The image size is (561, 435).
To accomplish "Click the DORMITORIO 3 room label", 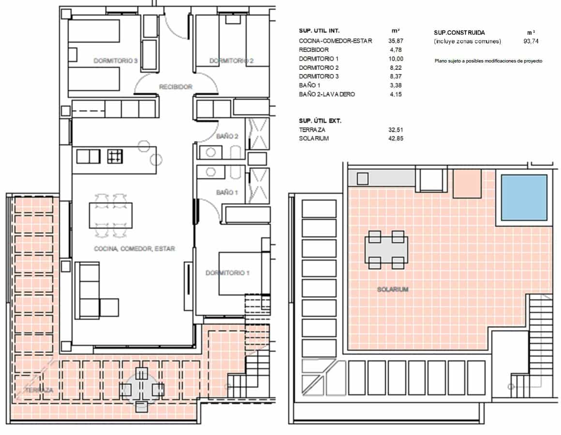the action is click(x=115, y=61).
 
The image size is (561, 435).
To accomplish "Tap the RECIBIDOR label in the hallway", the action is click(x=176, y=87).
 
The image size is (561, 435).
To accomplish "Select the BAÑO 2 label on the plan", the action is click(x=227, y=136).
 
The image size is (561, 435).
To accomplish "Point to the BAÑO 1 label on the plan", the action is click(x=227, y=192).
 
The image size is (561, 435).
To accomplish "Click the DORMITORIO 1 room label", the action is click(x=228, y=273).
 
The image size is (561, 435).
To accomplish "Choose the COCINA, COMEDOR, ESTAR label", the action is click(x=134, y=249).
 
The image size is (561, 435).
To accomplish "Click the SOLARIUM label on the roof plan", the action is click(x=393, y=290).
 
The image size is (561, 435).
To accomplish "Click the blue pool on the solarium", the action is click(x=524, y=198).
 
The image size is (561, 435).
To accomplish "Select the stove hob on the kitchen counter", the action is click(x=115, y=156).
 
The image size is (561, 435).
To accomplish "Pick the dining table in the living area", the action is click(x=111, y=216).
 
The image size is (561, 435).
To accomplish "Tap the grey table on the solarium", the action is click(x=386, y=250).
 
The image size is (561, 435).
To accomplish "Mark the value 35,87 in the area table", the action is click(x=396, y=41).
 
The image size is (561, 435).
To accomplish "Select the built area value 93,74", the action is click(x=531, y=41).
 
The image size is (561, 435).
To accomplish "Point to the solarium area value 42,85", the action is click(x=396, y=139).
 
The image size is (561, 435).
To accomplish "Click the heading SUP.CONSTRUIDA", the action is click(x=459, y=32).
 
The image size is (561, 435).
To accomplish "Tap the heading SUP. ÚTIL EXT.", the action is click(x=320, y=121).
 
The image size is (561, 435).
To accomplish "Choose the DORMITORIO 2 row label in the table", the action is click(x=319, y=68).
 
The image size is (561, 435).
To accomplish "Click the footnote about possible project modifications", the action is click(x=488, y=61).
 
